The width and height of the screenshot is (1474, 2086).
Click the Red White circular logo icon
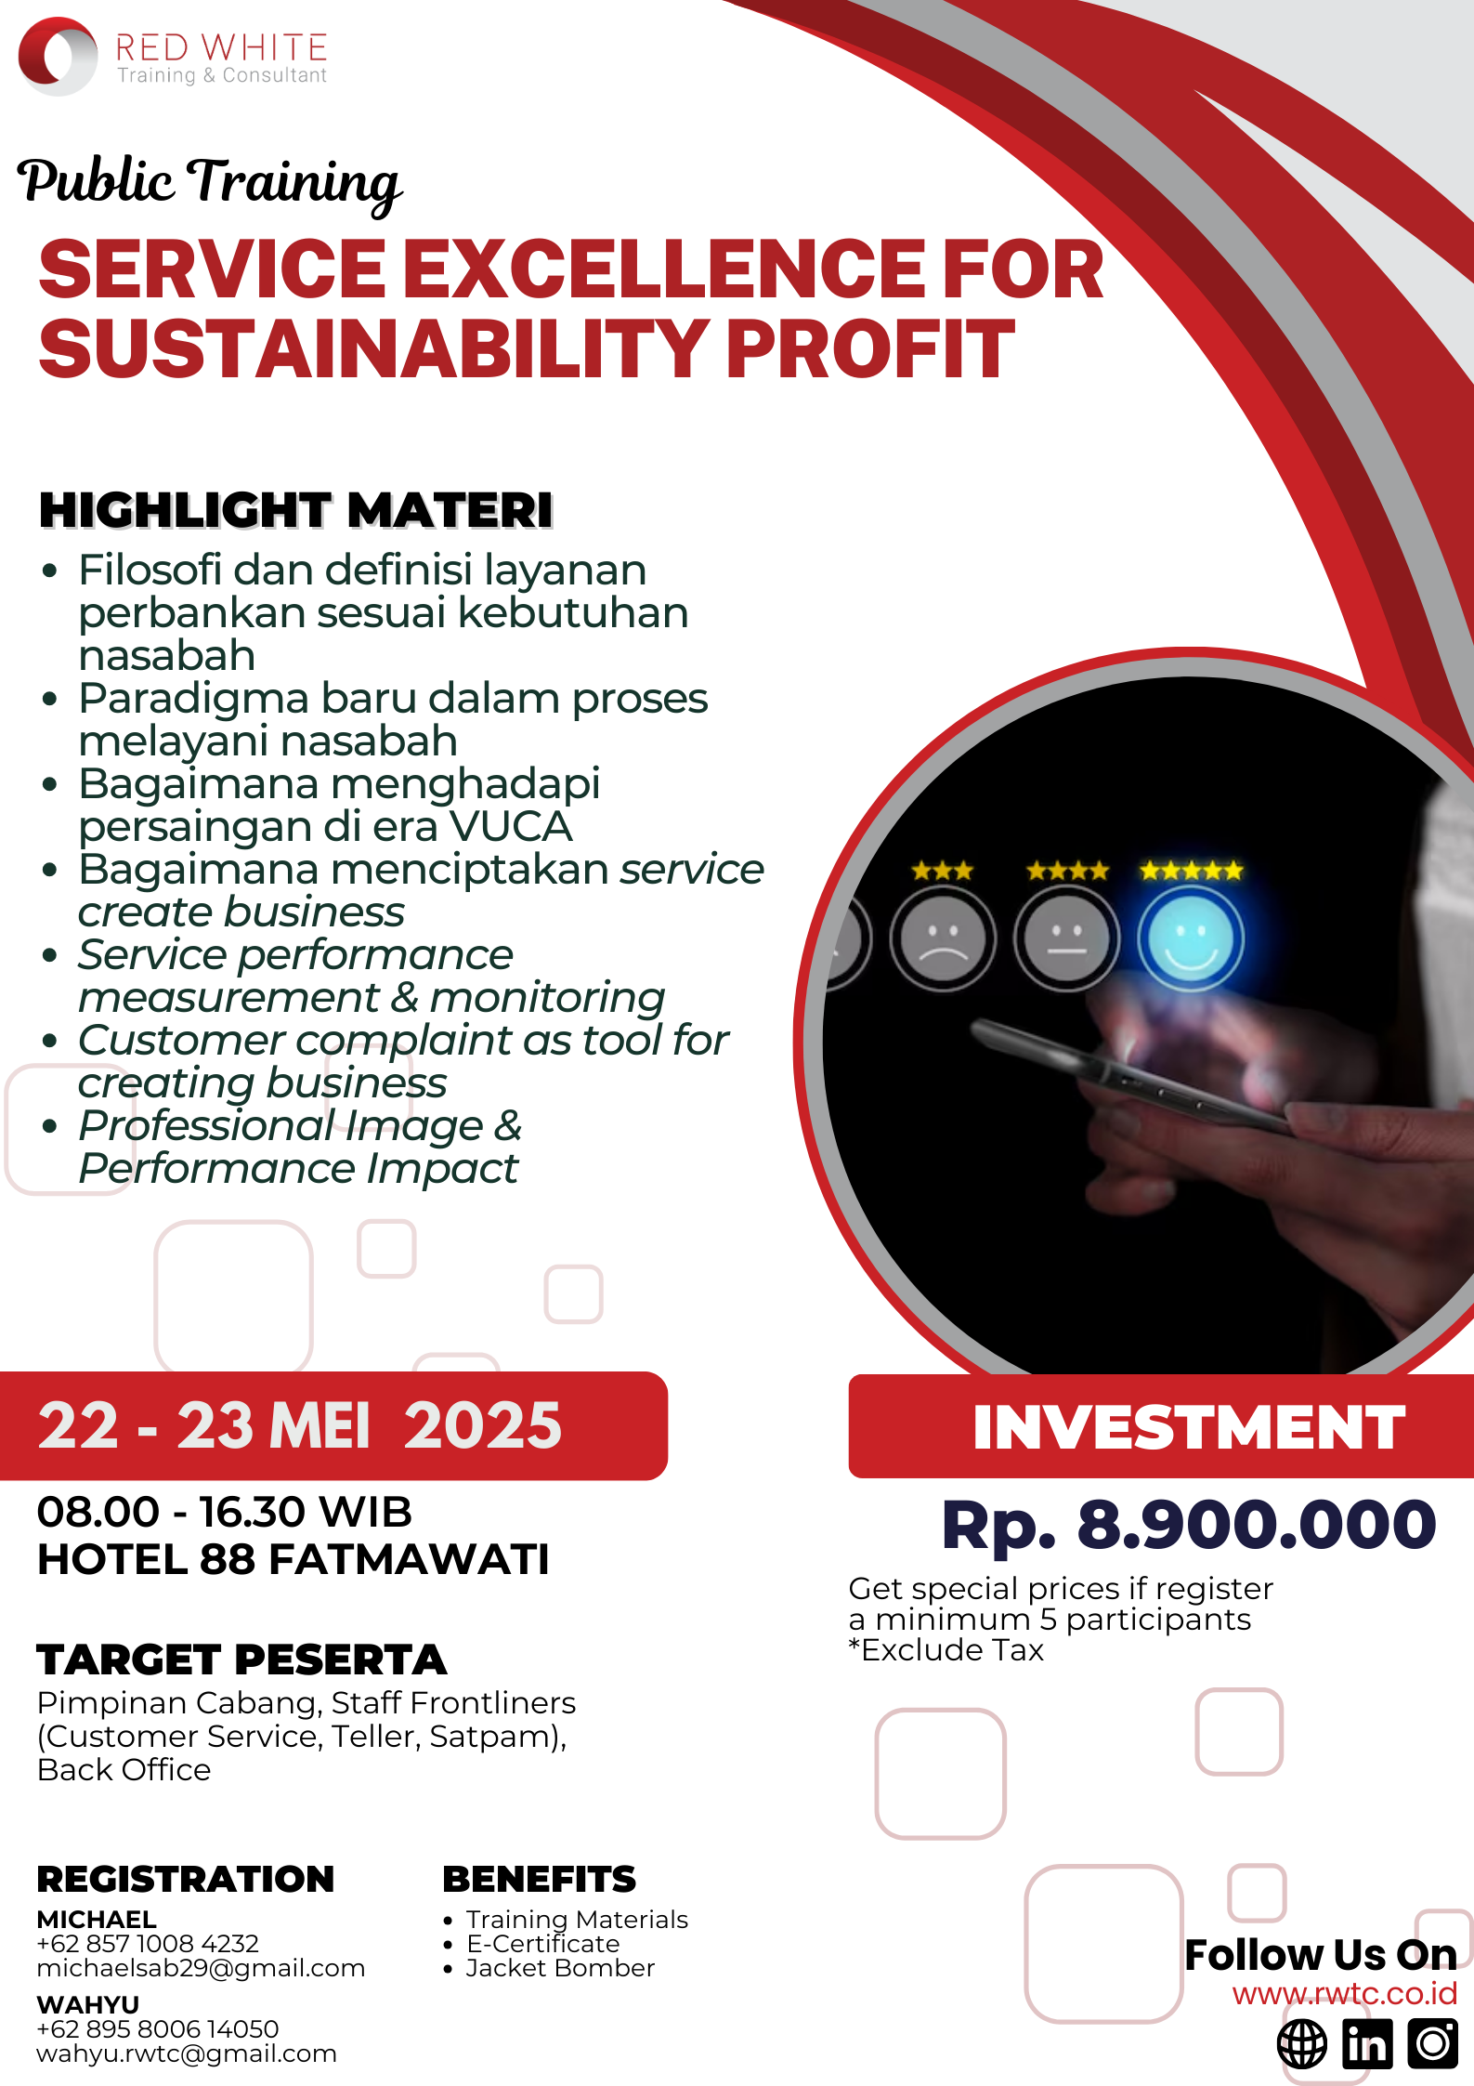[x=58, y=56]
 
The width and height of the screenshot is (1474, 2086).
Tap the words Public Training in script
[x=210, y=182]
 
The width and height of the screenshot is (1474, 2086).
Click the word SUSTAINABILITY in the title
[x=374, y=348]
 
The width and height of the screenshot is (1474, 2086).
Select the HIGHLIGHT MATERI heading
[x=296, y=510]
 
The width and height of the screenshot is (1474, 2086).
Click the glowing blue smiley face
[x=1191, y=938]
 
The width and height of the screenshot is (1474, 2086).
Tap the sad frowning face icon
[x=943, y=938]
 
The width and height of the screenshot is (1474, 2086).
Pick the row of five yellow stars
[x=1192, y=871]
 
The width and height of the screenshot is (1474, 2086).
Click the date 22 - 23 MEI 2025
[x=300, y=1425]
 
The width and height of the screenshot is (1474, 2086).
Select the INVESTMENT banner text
[x=1189, y=1427]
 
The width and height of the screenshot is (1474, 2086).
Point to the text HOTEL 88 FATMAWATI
[x=293, y=1559]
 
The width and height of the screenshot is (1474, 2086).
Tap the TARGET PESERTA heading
[x=242, y=1660]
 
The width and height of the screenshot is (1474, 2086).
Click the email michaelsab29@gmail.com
[x=201, y=1968]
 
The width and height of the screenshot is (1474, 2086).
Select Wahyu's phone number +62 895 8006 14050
[x=158, y=2029]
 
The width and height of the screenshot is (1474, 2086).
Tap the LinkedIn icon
[x=1367, y=2044]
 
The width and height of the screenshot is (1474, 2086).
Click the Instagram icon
[x=1433, y=2044]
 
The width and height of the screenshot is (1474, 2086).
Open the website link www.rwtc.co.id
[x=1345, y=1994]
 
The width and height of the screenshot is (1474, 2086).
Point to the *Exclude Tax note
[x=946, y=1650]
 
